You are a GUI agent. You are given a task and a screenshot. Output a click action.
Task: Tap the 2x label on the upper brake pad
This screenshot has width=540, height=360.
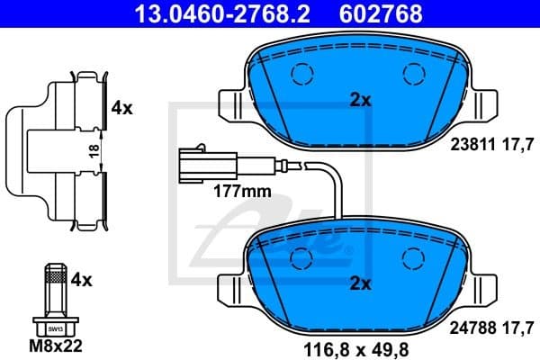[x=361, y=101]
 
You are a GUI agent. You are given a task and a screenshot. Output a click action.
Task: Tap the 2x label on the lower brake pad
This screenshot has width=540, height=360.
[x=361, y=283]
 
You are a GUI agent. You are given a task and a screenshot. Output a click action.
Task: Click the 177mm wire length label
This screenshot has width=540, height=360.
[x=242, y=192]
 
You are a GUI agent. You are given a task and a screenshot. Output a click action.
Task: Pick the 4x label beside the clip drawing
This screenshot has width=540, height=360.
[x=121, y=108]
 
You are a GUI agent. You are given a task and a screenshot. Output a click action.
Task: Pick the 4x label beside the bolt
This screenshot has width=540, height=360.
[x=82, y=280]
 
